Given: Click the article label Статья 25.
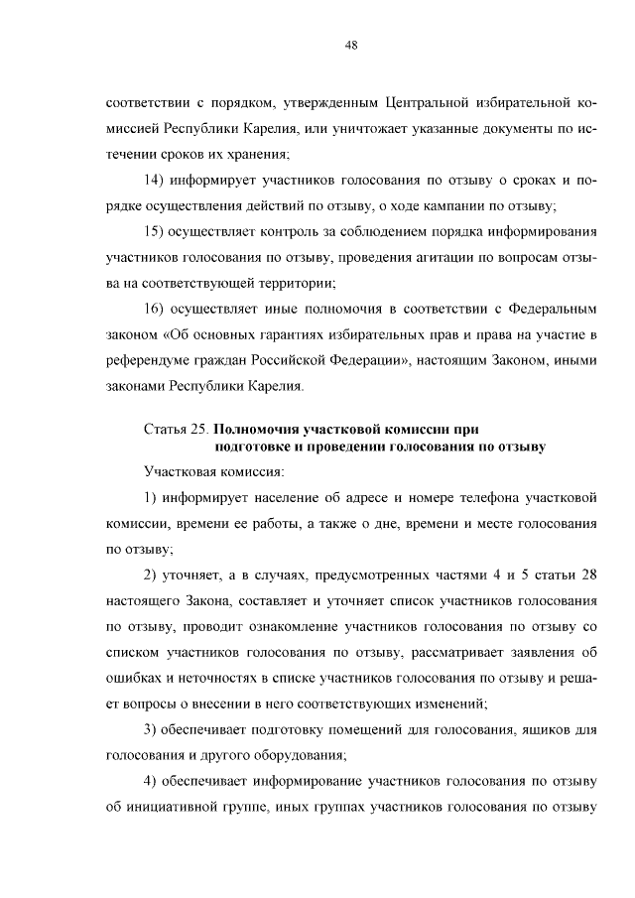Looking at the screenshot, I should point(177,429).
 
